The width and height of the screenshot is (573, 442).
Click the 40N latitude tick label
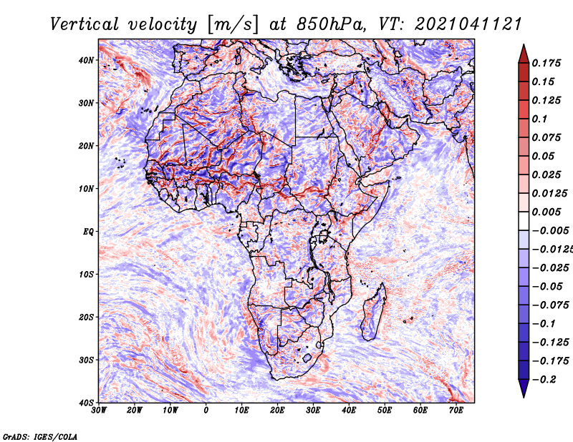[86, 60]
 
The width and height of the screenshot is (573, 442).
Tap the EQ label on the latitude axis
[88, 232]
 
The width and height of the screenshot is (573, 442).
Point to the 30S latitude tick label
[86, 360]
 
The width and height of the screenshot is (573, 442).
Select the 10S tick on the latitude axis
[86, 274]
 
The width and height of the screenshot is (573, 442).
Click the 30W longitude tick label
[99, 411]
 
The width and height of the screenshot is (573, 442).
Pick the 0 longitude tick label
[206, 411]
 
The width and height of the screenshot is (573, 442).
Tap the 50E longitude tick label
[385, 411]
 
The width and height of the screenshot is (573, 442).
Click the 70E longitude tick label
[456, 411]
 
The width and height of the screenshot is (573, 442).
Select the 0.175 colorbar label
[546, 63]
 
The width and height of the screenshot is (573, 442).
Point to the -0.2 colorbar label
[544, 380]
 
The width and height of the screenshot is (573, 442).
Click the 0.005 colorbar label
[546, 212]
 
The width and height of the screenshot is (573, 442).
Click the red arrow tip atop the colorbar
[524, 45]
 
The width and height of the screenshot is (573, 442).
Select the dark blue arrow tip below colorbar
[524, 397]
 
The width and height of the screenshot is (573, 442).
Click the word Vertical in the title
[85, 24]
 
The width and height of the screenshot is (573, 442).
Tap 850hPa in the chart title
[330, 24]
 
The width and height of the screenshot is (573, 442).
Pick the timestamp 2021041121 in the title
[468, 24]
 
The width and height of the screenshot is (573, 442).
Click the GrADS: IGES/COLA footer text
[40, 436]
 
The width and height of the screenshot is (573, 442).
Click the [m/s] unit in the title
[233, 25]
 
